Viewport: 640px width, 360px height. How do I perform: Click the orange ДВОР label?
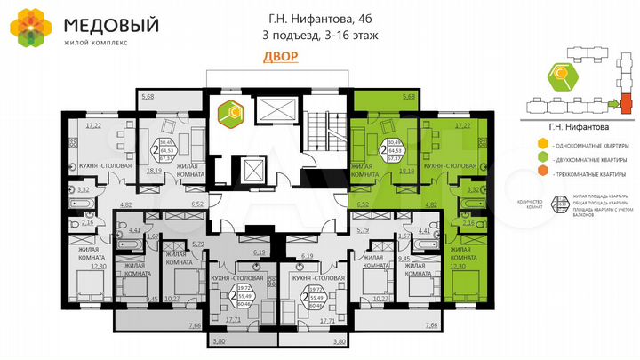[x=281, y=55]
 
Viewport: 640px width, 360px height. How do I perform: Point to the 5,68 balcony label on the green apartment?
[x=409, y=96]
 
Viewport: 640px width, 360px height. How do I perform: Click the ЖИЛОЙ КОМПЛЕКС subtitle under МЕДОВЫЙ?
[x=95, y=42]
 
